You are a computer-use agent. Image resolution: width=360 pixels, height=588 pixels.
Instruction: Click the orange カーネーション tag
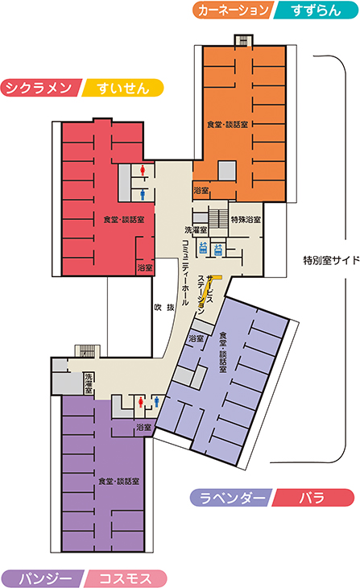(x=234, y=10)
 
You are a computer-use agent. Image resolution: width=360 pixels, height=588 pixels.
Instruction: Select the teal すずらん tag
(x=316, y=10)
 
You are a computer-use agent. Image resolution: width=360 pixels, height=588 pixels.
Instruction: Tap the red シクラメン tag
(x=40, y=88)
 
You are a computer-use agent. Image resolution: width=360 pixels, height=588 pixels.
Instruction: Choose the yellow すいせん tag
(x=122, y=88)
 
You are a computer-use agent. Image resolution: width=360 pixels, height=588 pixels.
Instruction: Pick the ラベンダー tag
(x=231, y=498)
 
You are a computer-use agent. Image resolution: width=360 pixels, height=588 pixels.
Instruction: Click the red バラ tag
(x=312, y=498)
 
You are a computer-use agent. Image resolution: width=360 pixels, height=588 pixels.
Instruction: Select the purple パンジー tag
(x=43, y=578)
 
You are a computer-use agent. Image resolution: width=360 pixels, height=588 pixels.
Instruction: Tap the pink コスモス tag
(x=126, y=578)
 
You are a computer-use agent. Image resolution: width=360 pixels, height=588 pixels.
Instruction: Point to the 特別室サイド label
(x=331, y=260)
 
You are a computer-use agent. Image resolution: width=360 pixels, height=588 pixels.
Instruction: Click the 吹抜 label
(x=164, y=308)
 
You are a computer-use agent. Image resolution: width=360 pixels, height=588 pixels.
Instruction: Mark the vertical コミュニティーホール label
(x=185, y=272)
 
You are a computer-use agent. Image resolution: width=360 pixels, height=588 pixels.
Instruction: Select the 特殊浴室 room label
(x=246, y=219)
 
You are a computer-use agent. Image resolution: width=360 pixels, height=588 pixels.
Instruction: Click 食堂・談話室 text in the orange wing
(x=228, y=125)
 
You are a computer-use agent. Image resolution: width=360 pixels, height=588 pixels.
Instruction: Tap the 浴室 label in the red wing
(x=145, y=267)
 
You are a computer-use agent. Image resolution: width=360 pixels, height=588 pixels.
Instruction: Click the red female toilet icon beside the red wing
(x=143, y=171)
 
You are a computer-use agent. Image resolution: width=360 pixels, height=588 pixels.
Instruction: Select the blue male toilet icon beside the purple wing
(x=157, y=402)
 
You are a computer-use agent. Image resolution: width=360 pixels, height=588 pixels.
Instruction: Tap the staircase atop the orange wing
(x=244, y=40)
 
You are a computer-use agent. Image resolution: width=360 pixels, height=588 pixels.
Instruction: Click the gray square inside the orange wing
(x=227, y=171)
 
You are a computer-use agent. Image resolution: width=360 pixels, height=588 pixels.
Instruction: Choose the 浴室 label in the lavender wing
(x=197, y=338)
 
